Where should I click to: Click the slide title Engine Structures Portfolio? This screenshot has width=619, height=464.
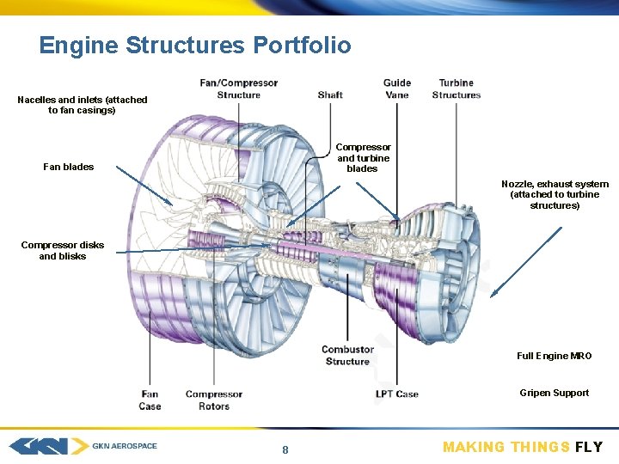(195, 45)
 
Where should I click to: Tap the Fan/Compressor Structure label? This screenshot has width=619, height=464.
(239, 89)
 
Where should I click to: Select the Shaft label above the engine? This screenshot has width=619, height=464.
(330, 95)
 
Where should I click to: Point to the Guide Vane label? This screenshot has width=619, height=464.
(397, 89)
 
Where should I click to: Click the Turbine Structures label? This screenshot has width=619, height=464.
(457, 89)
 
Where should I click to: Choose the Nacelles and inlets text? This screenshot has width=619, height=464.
(83, 105)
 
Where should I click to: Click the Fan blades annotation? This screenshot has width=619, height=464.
(69, 167)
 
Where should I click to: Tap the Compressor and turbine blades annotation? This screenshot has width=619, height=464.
(363, 158)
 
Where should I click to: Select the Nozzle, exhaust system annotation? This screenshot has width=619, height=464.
(555, 194)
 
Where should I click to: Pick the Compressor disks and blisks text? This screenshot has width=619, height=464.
(63, 250)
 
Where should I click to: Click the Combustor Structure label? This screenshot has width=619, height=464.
(347, 355)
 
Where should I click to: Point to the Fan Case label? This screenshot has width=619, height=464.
(150, 400)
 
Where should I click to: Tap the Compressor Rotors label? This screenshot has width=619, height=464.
(214, 400)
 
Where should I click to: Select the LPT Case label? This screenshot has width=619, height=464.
(397, 394)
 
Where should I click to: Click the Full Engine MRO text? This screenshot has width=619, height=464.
(554, 356)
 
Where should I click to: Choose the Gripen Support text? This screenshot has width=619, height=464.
(554, 393)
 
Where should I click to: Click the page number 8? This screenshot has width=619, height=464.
(285, 450)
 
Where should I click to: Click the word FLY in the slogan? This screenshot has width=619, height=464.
(589, 447)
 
